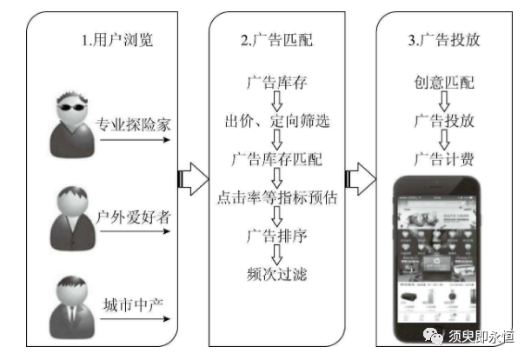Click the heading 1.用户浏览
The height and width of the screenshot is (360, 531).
coord(116,40)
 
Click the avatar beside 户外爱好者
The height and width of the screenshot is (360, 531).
coord(69,214)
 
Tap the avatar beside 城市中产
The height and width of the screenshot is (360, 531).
coord(69,304)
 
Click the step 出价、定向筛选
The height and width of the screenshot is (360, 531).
coord(275,120)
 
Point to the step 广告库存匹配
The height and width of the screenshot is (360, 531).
coord(275,159)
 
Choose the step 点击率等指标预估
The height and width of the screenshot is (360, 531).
coord(275,197)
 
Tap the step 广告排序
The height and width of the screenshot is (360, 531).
coord(275,236)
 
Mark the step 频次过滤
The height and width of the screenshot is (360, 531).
coord(275,275)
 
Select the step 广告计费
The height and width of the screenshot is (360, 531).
coord(443,158)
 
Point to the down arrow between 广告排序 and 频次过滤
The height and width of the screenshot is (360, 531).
coord(276,255)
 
